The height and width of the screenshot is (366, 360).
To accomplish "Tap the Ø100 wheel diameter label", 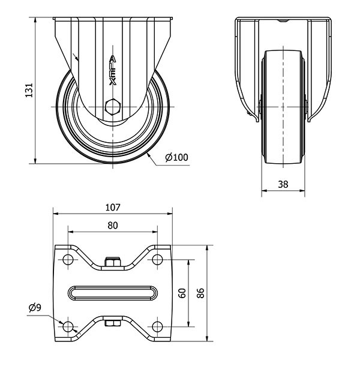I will click(176, 157).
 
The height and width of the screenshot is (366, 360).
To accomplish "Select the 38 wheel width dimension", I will click(283, 185).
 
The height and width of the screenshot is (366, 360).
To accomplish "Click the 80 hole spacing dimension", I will click(112, 226).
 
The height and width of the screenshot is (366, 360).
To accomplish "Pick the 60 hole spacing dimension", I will click(182, 293).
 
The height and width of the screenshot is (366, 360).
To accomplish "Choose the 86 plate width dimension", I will click(201, 293).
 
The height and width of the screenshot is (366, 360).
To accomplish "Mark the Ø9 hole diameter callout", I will click(35, 308).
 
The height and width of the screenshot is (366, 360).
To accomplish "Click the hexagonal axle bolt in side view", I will click(112, 109).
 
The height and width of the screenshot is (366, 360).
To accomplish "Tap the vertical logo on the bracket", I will click(112, 71).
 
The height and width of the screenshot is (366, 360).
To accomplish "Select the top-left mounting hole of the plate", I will click(67, 260).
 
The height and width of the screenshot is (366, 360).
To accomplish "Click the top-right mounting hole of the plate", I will click(157, 260).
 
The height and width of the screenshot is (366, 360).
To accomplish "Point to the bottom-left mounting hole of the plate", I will click(67, 326).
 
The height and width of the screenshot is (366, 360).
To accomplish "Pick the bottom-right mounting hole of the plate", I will click(157, 326).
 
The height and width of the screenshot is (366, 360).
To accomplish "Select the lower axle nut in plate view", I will click(112, 325).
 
